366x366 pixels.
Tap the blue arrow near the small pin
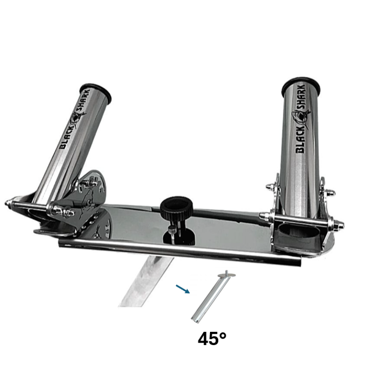[x=182, y=289]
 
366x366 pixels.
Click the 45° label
[x=212, y=338]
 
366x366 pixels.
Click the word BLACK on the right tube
[x=301, y=140]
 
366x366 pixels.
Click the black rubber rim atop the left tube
[x=95, y=92]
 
